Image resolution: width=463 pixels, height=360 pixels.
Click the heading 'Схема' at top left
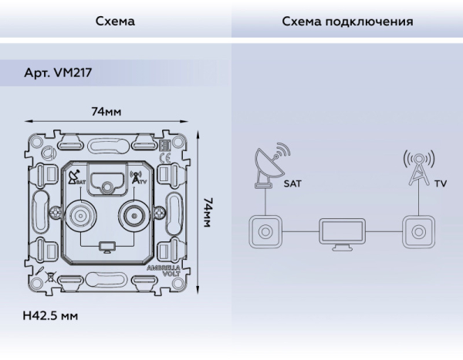coord(115,22)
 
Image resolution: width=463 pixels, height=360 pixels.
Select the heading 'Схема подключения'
coord(346,22)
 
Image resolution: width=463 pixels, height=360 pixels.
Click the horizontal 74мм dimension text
coord(106,112)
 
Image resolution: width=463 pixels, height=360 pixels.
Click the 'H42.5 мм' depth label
coord(51,316)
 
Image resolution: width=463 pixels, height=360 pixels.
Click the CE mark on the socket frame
coord(164,160)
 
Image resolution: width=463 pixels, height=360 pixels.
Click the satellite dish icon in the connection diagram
coord(270,164)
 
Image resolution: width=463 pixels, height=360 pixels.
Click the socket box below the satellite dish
coord(265,231)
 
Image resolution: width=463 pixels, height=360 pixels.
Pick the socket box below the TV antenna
coord(417,231)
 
